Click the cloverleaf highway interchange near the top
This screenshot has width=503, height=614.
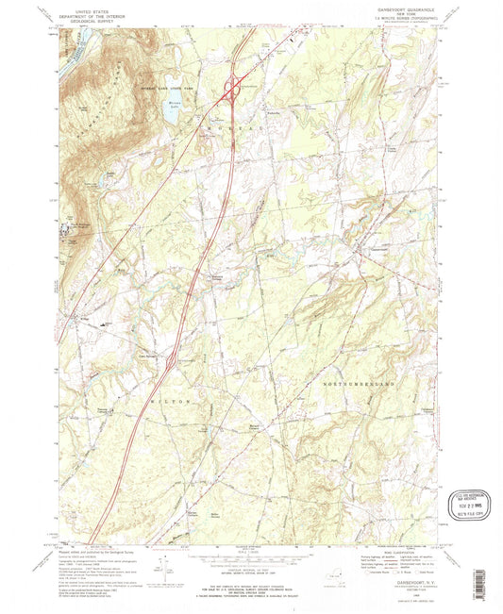[229, 91]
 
